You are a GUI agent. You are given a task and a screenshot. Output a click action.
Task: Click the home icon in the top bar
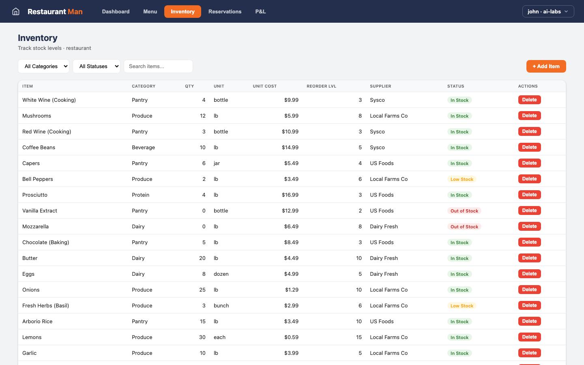16,11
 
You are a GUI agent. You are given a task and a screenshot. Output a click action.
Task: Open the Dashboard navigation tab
116,11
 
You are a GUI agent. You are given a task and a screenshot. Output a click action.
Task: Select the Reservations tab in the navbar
225,11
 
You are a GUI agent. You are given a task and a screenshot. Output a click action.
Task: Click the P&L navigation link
260,11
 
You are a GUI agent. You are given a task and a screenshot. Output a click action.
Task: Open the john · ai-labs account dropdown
548,11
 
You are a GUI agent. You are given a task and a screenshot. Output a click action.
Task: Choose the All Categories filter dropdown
43,66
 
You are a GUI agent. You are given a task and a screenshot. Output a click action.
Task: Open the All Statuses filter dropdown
97,66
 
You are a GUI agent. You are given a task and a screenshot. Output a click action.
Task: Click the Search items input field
158,66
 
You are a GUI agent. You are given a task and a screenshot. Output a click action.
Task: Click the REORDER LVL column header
321,86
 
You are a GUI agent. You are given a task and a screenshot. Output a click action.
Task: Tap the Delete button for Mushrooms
529,116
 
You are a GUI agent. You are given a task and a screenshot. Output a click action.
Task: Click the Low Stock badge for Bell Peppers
462,179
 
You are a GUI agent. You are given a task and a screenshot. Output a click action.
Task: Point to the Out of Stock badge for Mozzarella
464,227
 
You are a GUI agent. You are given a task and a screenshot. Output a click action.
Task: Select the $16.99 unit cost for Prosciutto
290,195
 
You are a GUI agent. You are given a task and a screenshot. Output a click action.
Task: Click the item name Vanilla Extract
40,210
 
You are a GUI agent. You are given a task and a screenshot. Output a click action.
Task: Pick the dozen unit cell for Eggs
221,274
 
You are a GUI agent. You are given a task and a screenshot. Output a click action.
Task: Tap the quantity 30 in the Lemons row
202,337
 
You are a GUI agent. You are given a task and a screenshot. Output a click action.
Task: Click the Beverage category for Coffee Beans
143,147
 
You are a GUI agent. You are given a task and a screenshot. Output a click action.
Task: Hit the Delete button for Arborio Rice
529,321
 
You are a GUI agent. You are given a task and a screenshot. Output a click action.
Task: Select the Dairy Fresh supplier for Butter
384,258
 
